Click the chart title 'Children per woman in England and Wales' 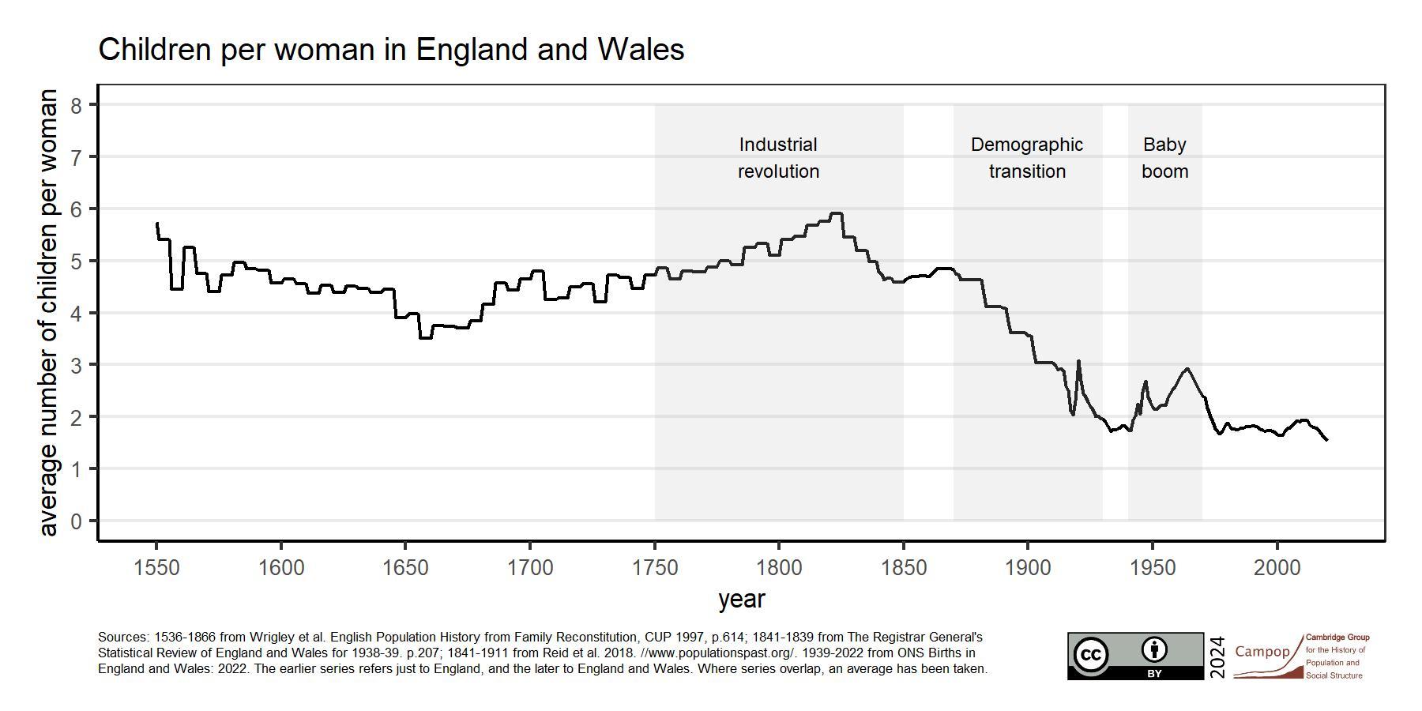391,50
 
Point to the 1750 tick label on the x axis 655,568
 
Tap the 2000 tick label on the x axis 1277,568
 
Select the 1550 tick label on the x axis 157,568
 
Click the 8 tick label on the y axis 77,105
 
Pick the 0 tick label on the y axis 77,521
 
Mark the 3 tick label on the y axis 77,365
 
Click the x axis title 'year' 741,600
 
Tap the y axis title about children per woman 48,312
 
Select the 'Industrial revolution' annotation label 778,158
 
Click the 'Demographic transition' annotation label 1027,158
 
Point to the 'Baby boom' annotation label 1164,158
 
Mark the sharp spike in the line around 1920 1078,362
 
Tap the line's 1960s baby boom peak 1187,369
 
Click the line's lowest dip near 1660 425,338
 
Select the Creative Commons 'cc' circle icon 1091,655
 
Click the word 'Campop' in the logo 1262,652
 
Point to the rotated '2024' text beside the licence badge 1217,656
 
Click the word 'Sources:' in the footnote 122,637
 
